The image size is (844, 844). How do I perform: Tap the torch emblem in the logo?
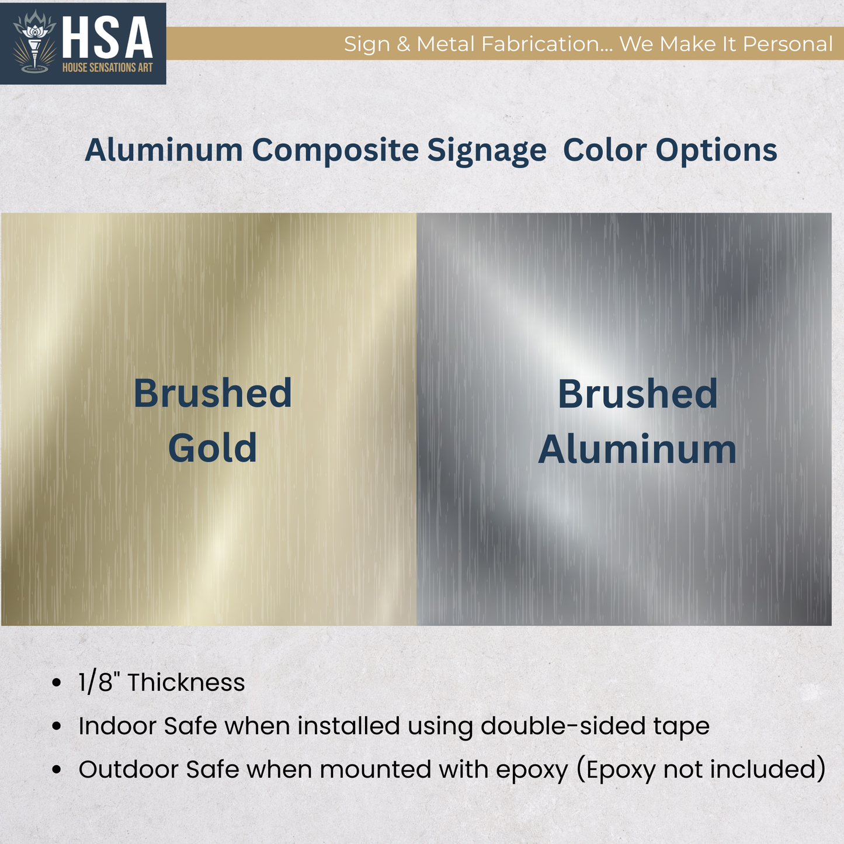(x=34, y=44)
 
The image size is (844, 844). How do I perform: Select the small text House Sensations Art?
(x=107, y=68)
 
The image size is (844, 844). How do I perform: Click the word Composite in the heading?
(x=335, y=150)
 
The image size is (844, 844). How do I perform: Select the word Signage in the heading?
(x=487, y=150)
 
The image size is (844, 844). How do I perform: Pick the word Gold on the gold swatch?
(x=213, y=448)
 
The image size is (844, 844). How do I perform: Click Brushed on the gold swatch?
(x=213, y=393)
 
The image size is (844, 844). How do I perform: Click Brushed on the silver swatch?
(x=637, y=394)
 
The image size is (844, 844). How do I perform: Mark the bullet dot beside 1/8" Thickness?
(x=56, y=682)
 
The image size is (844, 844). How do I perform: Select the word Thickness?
(x=186, y=682)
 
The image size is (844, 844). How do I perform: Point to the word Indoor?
(x=117, y=726)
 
